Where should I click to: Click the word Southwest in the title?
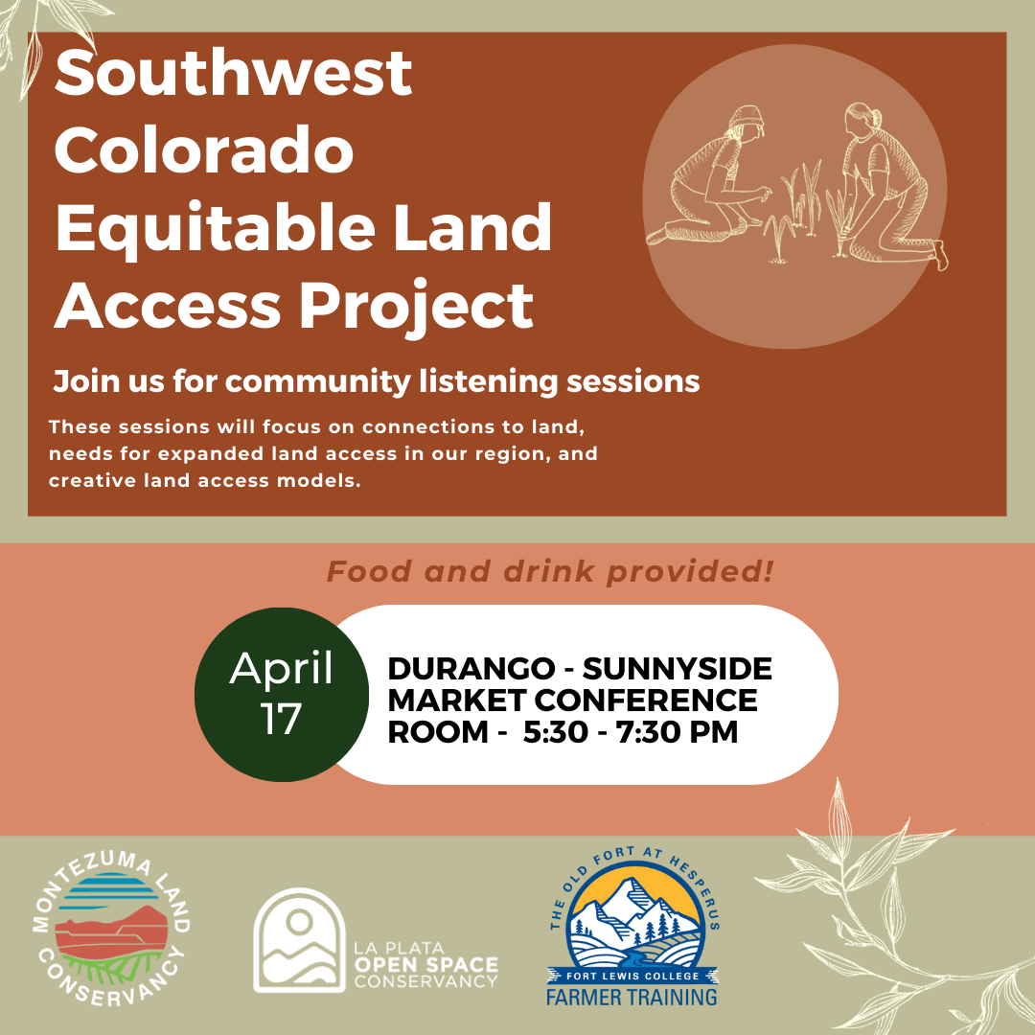coord(233,73)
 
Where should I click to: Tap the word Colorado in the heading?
coord(204,149)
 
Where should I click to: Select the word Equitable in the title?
coord(216,228)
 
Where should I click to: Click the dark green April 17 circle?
coord(282,695)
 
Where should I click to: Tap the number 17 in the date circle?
coord(281,719)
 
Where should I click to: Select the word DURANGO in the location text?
coord(471,669)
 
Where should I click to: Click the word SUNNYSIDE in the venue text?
coord(678,669)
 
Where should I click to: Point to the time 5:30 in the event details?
coord(555,732)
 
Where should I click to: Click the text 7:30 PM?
coord(678,732)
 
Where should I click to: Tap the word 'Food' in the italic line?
coord(369,571)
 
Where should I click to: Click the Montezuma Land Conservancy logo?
coord(111,930)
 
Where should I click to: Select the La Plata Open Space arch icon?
coord(299,940)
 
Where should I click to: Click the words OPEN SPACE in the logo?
coord(426,964)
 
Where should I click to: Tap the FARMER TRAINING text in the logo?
coord(632,997)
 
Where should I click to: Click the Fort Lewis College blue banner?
coord(633,976)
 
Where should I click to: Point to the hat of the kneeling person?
coord(747,117)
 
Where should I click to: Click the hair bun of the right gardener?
coord(876,118)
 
